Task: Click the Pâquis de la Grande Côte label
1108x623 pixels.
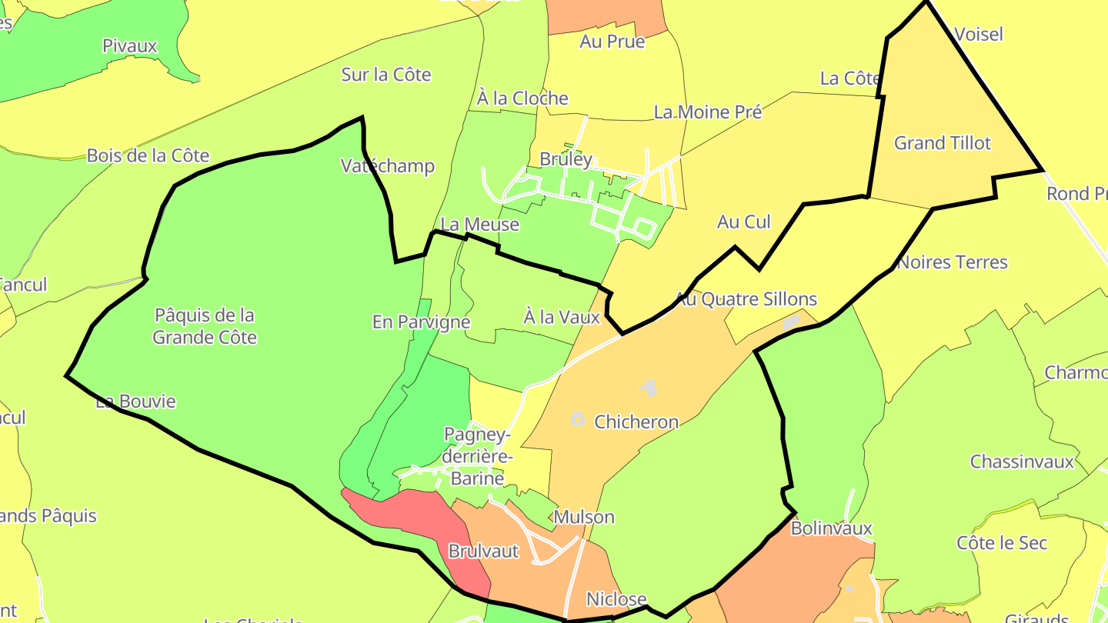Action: [205, 326]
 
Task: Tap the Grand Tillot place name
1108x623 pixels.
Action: [943, 143]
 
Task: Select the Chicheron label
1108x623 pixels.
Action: [636, 421]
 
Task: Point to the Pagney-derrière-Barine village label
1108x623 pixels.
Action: [477, 457]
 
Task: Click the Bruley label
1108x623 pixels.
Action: [566, 159]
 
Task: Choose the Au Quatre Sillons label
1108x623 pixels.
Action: [746, 298]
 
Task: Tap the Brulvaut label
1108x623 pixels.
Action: [483, 551]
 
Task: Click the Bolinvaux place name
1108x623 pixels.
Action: [832, 528]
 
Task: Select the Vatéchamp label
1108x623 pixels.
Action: [388, 166]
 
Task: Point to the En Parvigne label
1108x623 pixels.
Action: [421, 321]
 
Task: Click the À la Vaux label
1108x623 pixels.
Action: [562, 316]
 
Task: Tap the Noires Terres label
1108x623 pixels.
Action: [953, 262]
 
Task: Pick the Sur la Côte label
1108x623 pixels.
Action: [386, 75]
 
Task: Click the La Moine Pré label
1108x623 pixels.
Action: [708, 112]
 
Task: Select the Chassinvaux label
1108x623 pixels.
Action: [1022, 461]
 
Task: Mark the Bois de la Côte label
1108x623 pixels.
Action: [148, 155]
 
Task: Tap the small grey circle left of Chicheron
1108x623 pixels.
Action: [578, 419]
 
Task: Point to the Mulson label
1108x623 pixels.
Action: [584, 517]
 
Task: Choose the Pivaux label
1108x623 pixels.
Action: [129, 46]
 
